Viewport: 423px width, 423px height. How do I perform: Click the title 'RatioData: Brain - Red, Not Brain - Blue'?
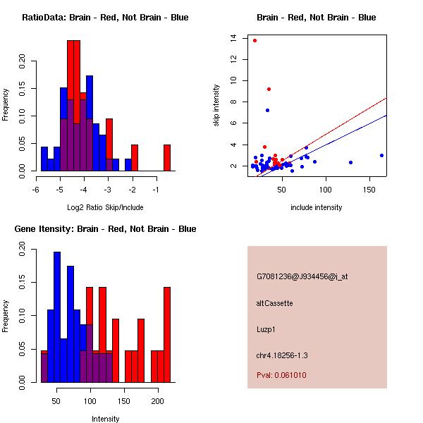105,18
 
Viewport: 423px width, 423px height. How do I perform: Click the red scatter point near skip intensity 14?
255,40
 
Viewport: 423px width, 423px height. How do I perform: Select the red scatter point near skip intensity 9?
269,89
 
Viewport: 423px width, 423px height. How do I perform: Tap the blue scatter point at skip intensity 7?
267,110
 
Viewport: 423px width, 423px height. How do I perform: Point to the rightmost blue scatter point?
381,155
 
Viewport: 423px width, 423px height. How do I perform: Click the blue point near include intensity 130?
350,162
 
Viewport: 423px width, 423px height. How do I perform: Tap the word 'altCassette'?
274,303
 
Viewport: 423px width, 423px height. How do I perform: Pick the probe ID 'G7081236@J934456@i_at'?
302,276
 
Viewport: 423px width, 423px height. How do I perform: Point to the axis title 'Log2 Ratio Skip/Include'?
104,207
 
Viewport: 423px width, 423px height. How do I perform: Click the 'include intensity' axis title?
317,207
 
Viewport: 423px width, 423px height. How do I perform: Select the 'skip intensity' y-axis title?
216,106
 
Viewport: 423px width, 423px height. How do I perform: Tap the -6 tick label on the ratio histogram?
37,189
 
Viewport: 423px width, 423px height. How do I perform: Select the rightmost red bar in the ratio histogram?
167,157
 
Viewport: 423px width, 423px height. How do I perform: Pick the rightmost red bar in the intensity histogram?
167,334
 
